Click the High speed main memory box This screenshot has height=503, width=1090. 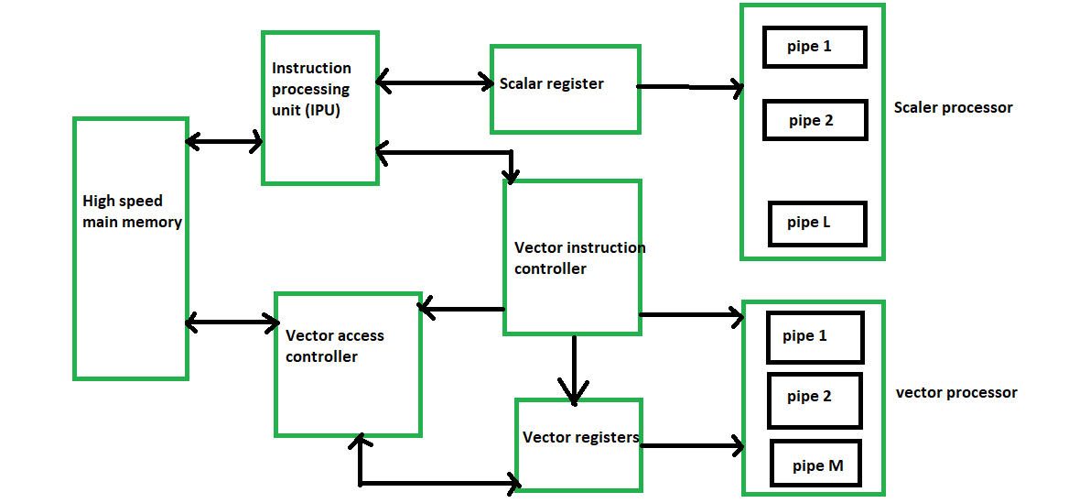(131, 248)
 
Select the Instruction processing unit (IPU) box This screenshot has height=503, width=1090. (319, 108)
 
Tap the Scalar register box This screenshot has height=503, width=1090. (565, 89)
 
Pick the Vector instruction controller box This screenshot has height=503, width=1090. (572, 257)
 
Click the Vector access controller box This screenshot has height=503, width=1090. (348, 365)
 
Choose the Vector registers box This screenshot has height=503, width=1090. (578, 444)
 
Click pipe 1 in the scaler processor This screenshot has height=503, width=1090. (815, 47)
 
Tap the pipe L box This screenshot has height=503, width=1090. (816, 223)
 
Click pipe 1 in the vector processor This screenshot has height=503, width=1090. (814, 337)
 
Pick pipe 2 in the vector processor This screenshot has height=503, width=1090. (815, 400)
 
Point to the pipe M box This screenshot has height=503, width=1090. (818, 465)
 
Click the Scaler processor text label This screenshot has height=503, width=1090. (953, 108)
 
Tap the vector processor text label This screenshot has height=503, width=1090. (956, 393)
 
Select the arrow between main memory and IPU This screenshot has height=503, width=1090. (224, 142)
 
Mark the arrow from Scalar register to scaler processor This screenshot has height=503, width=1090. (690, 88)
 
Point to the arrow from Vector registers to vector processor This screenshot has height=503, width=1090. (692, 447)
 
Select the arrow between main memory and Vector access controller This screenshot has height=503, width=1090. (232, 323)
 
